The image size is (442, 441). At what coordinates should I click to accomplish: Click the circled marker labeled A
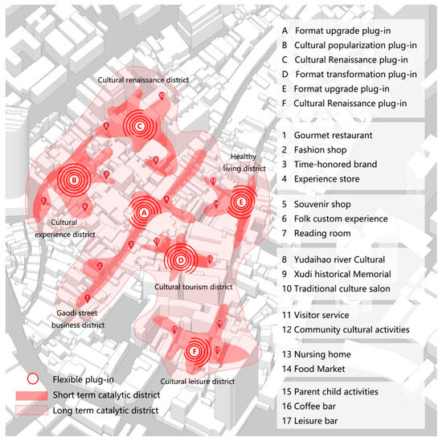coord(144,213)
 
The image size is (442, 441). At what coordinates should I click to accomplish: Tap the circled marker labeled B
coord(73,181)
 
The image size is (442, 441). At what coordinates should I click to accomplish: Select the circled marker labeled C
coord(139,126)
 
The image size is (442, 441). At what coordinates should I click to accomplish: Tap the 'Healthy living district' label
coord(248,163)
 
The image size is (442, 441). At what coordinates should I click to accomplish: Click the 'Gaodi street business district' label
coord(78,319)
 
